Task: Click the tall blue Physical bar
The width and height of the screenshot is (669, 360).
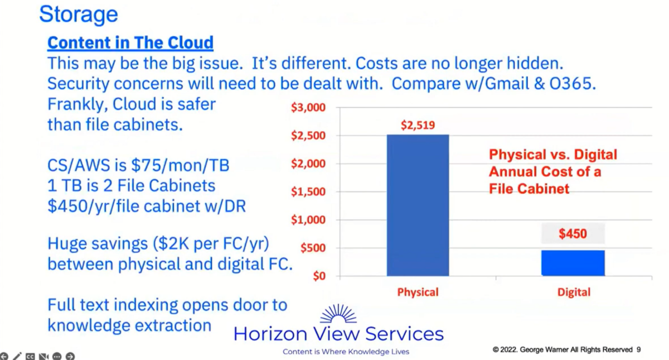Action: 418,205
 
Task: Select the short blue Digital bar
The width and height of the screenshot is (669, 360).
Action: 573,263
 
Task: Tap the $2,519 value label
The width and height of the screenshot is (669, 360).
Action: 418,125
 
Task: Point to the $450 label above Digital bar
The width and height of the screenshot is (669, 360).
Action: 573,233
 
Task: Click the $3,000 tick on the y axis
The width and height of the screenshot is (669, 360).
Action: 308,108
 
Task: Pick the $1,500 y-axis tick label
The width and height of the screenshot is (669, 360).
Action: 308,192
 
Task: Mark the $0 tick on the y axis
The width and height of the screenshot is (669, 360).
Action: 318,276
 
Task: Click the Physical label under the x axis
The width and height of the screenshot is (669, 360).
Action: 418,292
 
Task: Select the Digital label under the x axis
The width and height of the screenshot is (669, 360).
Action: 573,292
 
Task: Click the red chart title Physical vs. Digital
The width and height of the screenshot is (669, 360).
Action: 552,155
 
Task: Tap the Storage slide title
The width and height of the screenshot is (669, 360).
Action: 78,14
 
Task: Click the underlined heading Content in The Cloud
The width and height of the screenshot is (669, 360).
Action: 130,42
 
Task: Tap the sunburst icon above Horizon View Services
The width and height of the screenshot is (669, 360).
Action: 338,314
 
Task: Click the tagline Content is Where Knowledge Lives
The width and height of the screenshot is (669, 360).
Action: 346,352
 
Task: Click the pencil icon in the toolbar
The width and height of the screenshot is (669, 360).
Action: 17,356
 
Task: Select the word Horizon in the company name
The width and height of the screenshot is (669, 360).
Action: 270,334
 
